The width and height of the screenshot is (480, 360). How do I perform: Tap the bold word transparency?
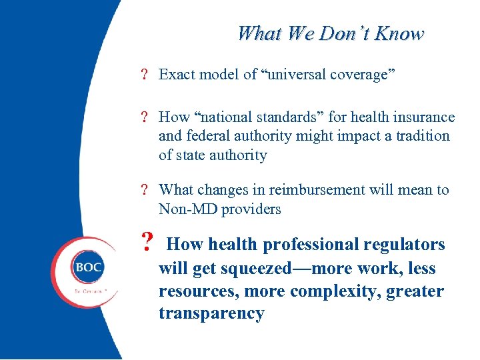pos(211,314)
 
